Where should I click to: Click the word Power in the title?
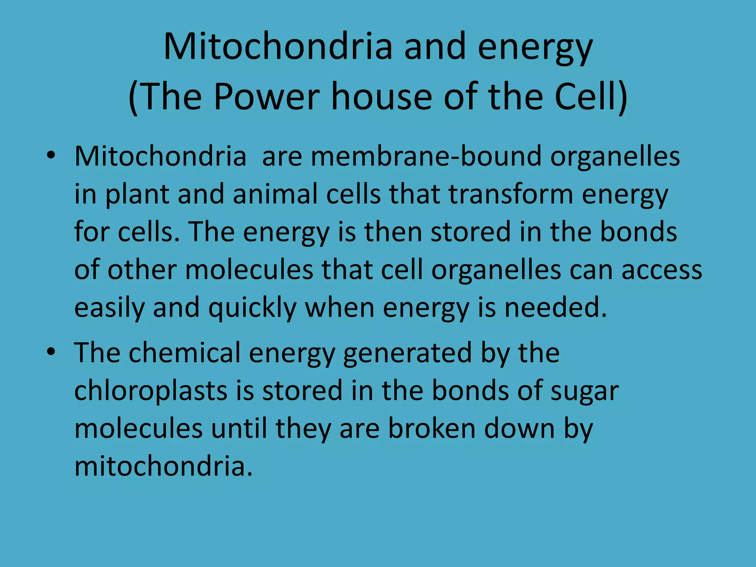coord(267,97)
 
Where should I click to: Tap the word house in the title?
coord(382,97)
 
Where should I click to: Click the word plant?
coord(137,195)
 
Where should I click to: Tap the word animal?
coord(275,194)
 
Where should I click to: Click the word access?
coord(661,270)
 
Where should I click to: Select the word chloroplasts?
coord(151,391)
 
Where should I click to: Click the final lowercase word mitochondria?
coord(163,467)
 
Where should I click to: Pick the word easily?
coord(109,309)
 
